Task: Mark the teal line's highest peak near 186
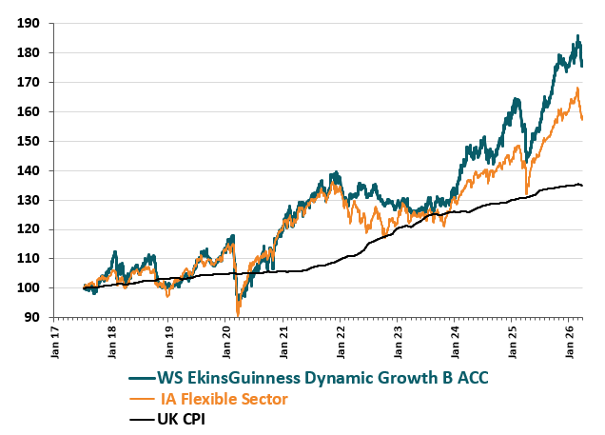point(577,36)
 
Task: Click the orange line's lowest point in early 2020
point(238,314)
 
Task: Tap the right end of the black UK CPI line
point(582,186)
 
